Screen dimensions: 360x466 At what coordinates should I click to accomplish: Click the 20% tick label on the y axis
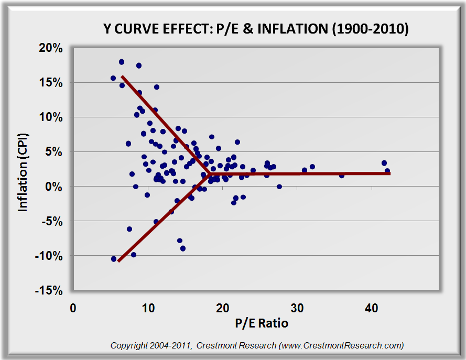pos(51,48)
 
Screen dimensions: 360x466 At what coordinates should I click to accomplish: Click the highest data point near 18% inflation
pos(122,62)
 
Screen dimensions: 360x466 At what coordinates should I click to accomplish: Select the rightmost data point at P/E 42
pos(387,171)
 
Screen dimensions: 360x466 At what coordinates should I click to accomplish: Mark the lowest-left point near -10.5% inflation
pos(114,259)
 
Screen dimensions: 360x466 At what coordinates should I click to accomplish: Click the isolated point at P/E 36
pos(342,175)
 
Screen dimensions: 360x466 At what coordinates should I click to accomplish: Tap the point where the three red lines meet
pos(209,173)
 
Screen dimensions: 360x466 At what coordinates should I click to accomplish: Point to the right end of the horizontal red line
pos(389,173)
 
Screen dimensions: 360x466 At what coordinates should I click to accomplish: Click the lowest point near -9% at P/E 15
pos(183,248)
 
